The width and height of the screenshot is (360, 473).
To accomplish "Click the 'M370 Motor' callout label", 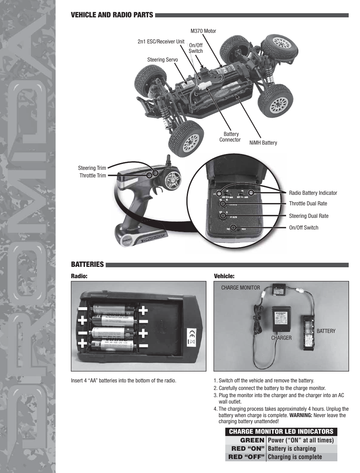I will pos(203,31).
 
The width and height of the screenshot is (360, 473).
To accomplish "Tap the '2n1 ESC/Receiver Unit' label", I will pos(161,42).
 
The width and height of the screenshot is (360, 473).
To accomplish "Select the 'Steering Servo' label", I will pos(162,60).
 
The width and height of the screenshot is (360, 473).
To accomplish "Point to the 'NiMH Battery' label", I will pos(263,143).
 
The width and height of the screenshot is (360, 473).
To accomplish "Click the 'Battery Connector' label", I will pos(230,137).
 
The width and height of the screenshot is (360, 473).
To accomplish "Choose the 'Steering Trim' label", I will pos(92,168).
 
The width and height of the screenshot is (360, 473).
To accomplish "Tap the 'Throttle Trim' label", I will pos(92,176).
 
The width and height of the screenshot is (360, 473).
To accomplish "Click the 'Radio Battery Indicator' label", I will pos(313,193).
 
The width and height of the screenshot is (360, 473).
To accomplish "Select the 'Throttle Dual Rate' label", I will pos(308,203).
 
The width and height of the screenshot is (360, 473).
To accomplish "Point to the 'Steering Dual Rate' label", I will pos(308,216).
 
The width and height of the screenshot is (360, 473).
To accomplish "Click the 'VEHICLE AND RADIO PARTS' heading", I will pos(112,15).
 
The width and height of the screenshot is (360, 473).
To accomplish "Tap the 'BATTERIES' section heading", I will pos(87,264).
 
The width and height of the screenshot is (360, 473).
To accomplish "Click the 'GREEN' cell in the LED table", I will pos(252,440).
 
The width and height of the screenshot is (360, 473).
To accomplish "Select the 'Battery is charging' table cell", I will pos(291,448).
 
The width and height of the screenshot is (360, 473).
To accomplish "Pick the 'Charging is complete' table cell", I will pos(295,457).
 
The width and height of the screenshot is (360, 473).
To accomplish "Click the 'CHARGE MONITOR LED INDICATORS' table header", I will pos(281,431).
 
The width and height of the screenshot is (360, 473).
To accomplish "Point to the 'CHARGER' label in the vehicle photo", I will pos(281,338).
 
